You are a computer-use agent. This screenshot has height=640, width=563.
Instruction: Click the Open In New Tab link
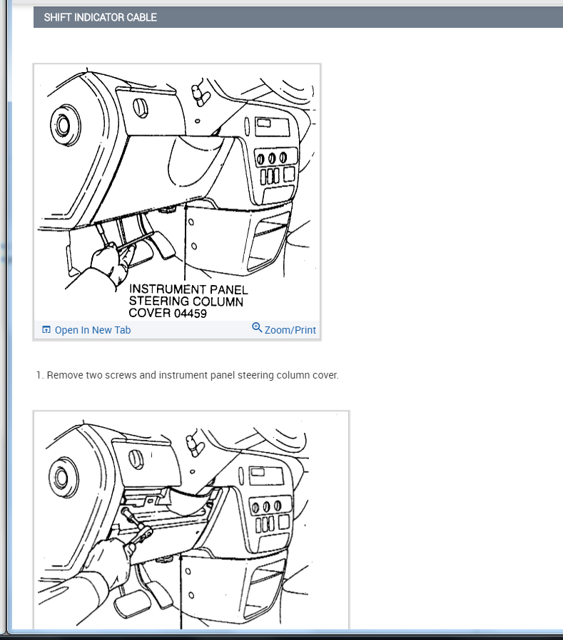point(93,330)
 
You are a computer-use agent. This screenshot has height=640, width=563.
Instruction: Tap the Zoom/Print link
point(290,330)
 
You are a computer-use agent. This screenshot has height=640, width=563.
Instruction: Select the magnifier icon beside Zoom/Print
point(257,327)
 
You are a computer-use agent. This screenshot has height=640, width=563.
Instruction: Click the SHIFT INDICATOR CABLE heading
point(101,18)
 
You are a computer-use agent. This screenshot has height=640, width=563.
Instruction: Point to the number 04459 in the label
point(191,314)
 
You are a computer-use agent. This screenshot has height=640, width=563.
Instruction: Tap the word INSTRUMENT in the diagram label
point(168,289)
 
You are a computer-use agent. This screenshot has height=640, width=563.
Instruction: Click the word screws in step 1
point(121,375)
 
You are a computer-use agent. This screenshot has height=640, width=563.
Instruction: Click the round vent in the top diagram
point(64,125)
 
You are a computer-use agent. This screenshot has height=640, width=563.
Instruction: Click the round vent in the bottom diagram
point(64,477)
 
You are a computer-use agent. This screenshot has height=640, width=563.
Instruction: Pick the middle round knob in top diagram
point(272,158)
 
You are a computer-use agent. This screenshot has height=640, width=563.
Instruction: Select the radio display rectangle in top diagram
point(272,127)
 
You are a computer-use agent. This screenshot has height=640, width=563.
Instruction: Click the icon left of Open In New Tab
point(46,329)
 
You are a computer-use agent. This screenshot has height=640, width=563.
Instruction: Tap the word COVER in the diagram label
point(150,314)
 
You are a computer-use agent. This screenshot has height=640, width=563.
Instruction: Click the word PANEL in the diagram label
point(229,290)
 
